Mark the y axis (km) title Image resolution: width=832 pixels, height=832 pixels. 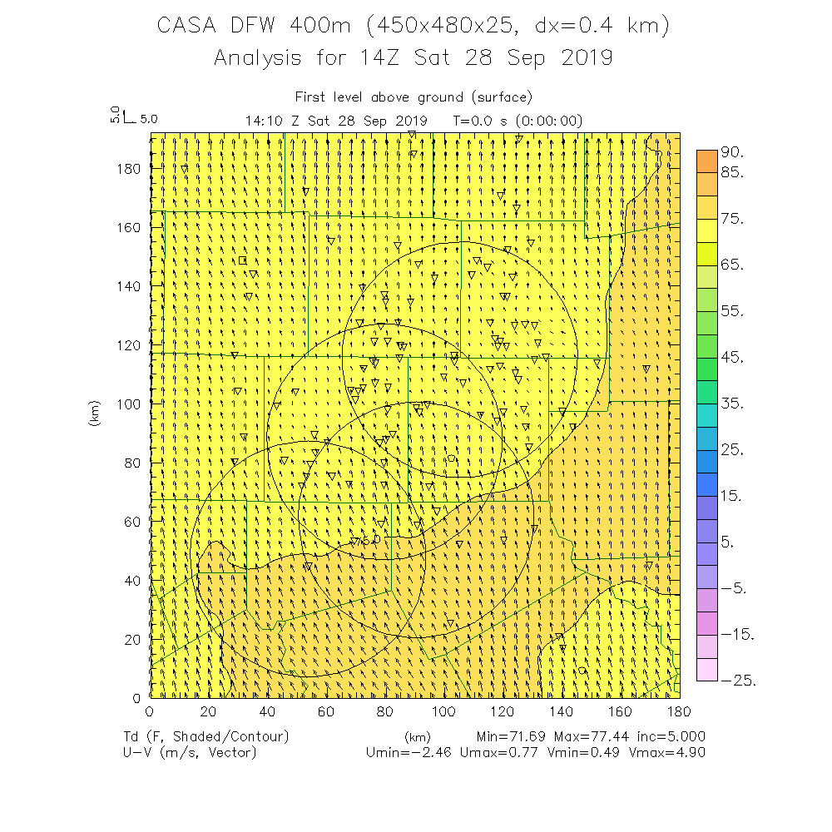coord(95,413)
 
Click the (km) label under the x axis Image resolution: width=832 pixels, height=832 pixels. coord(417,736)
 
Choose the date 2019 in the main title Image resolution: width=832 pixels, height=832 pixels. coord(586,58)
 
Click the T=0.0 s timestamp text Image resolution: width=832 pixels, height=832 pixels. coord(480,121)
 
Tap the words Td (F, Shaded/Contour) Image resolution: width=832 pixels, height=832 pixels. coord(205,736)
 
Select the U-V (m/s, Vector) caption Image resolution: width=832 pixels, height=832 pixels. coord(189,752)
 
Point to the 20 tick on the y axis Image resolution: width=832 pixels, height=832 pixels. coord(131,638)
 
